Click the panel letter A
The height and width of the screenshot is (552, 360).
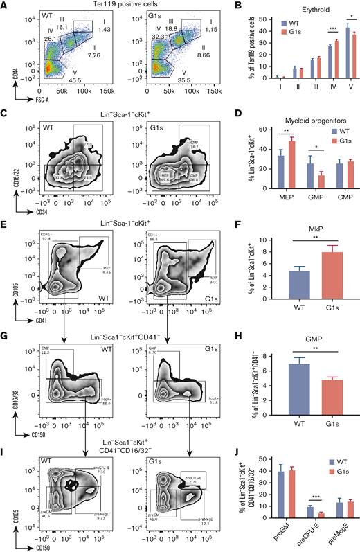click(x=5, y=6)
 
